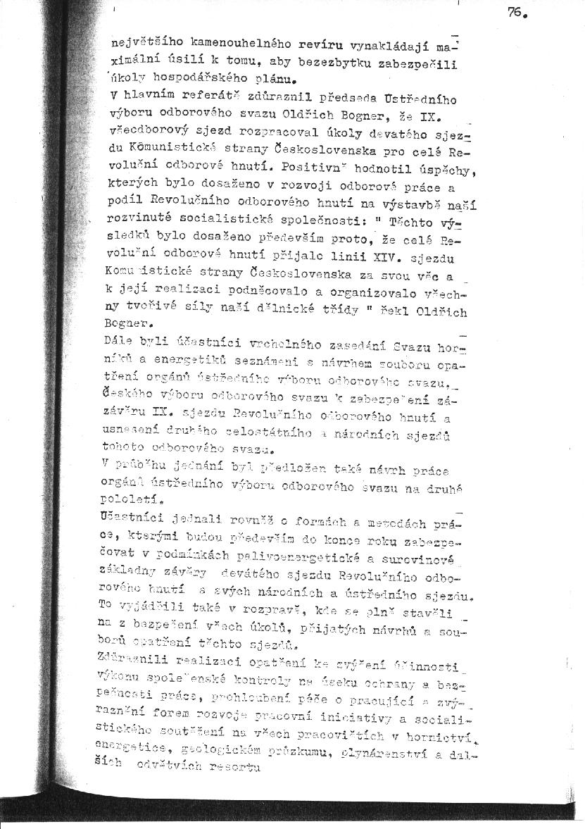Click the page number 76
(517, 12)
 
